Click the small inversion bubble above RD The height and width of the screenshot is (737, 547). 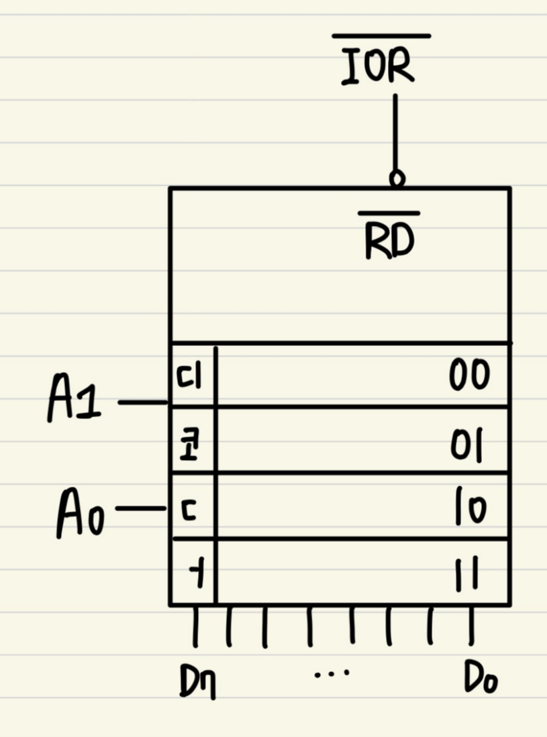pos(397,179)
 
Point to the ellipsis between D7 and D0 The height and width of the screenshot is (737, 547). pos(332,671)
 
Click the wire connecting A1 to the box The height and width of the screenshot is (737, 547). pos(142,403)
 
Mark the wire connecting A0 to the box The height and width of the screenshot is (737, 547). pos(140,510)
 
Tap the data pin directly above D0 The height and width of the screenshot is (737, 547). pos(472,625)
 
